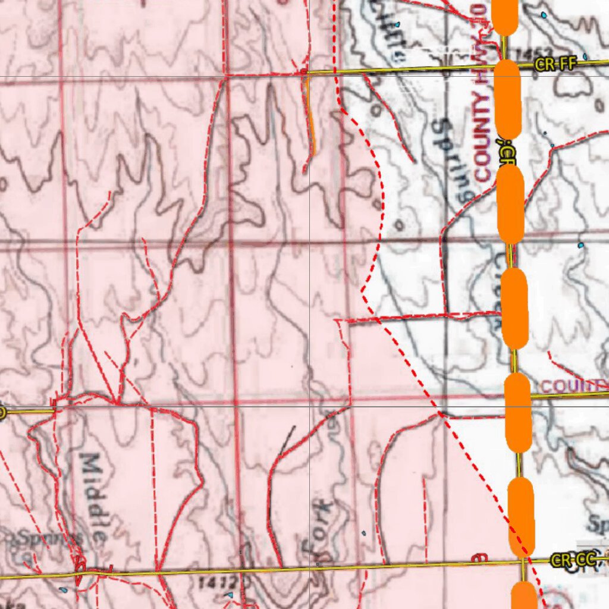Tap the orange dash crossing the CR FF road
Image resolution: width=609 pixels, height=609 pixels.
(507, 98)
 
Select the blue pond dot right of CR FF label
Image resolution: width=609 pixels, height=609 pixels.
(585, 57)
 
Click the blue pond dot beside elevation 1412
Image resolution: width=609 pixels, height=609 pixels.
(230, 594)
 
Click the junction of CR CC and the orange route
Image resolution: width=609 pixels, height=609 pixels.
(522, 560)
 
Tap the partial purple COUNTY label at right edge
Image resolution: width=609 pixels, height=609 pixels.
(574, 386)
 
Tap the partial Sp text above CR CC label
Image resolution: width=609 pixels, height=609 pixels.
(597, 524)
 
